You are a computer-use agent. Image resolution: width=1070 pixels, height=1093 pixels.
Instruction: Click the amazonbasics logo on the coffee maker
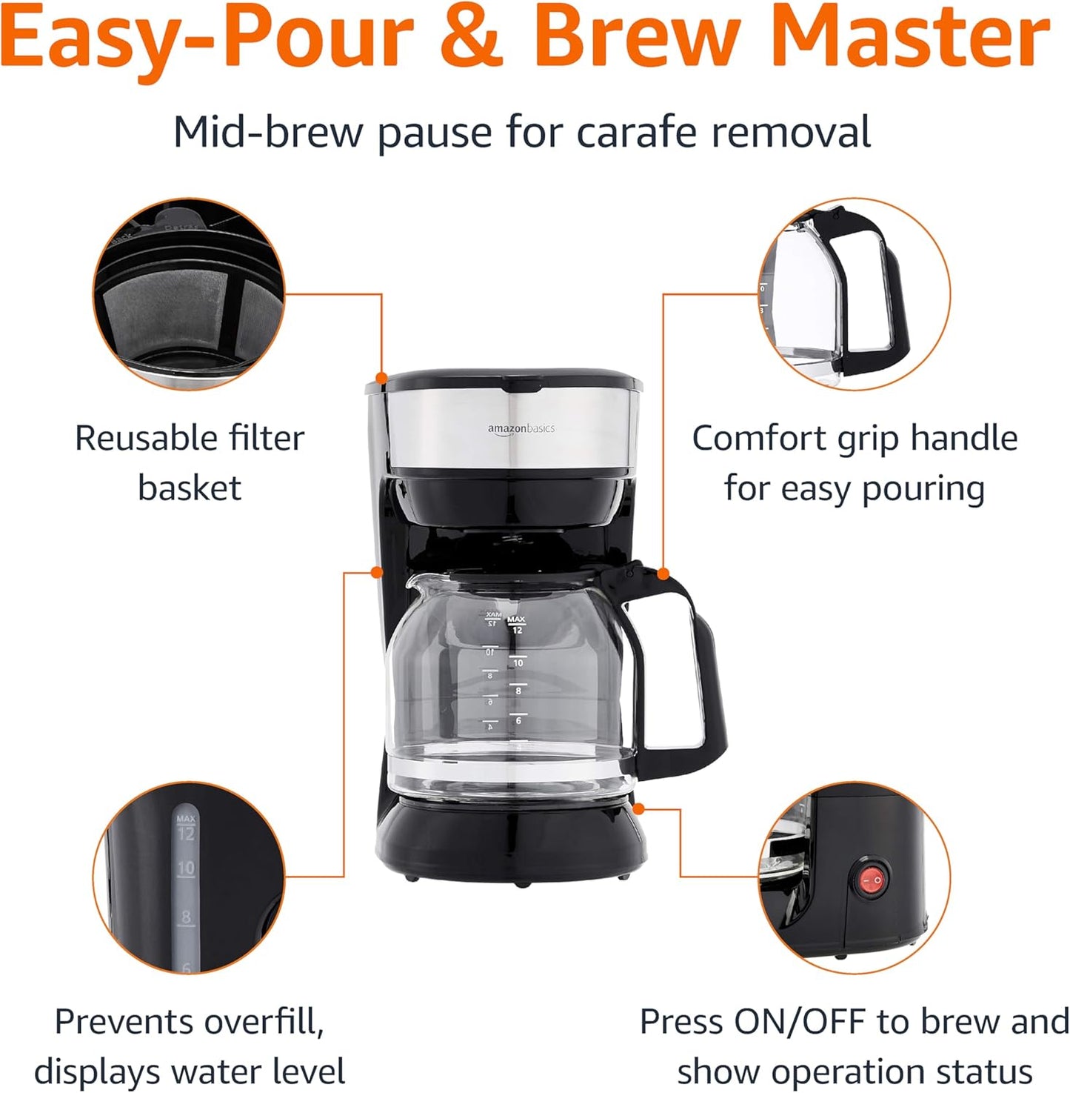[521, 429]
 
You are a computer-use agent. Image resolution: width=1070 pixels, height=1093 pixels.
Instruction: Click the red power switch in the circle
[870, 881]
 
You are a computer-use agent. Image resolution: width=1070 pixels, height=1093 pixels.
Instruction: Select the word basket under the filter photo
[190, 488]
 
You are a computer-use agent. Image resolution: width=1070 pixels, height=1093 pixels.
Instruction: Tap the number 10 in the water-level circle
[185, 868]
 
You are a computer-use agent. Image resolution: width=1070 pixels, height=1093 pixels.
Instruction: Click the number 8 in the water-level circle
[185, 917]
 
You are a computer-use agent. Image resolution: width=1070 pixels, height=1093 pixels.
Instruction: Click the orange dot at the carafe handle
[663, 574]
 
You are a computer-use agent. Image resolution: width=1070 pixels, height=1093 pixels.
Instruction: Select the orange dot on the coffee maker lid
[381, 378]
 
